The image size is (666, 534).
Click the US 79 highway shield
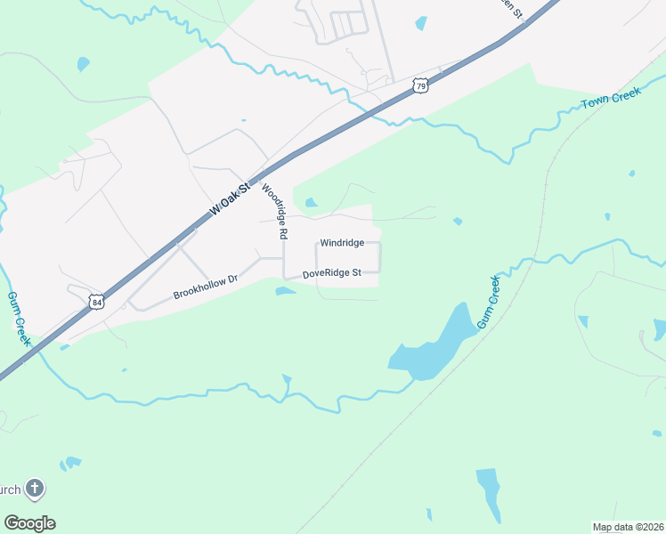pos(421,85)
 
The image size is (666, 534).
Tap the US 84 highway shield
pos(96,303)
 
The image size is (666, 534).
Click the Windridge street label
pos(342,242)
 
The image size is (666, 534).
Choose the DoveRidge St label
pos(331,274)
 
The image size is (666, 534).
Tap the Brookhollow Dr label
pos(206,287)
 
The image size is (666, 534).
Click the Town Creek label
pos(611,99)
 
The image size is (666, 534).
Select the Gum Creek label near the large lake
pos(491,303)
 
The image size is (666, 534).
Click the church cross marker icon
pos(34,489)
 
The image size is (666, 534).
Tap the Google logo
pos(29,522)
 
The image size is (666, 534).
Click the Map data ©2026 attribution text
pos(628,527)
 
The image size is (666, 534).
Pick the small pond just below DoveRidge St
pos(285,290)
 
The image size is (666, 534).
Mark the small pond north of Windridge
pos(311,203)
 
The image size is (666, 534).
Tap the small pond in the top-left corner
pos(84,64)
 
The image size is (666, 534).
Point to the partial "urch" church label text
pos(10,489)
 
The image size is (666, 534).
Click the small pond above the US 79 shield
pos(421,23)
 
